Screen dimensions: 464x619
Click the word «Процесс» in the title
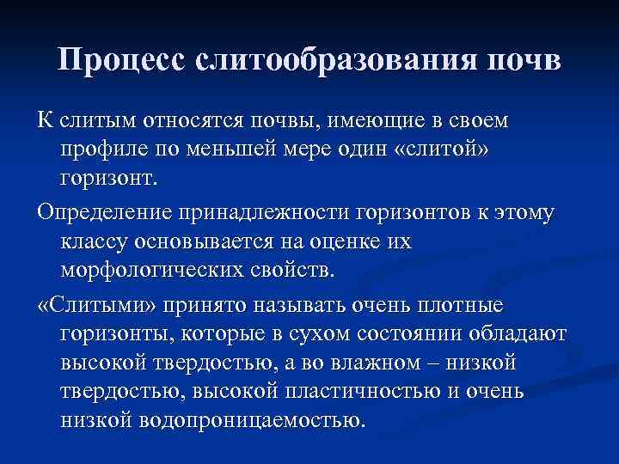[120, 62]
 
